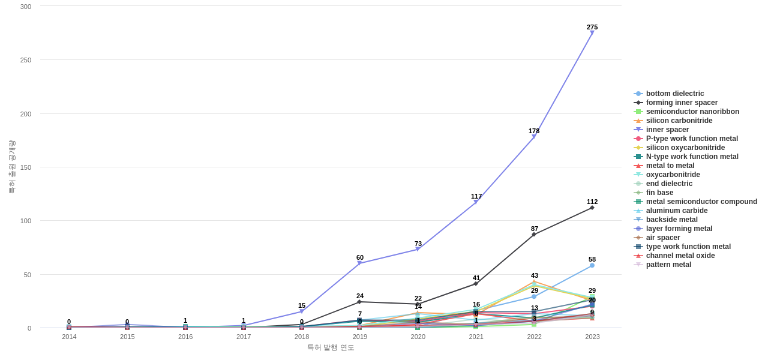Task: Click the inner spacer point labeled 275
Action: coord(592,33)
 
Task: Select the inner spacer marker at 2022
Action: coord(534,137)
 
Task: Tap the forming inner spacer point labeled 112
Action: coord(592,208)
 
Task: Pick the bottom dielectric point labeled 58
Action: coord(592,265)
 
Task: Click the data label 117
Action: coord(476,196)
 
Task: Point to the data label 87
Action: coord(535,229)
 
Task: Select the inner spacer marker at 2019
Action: coord(359,263)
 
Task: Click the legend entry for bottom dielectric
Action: coord(675,94)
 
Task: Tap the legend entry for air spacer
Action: coord(663,238)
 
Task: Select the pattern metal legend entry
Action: coord(668,265)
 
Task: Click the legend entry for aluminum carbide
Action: coord(677,211)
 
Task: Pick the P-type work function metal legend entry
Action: coord(692,139)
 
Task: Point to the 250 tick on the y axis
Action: coord(26,60)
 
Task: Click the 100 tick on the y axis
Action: coord(26,221)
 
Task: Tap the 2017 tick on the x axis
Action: coord(244,337)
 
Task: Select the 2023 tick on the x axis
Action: coord(592,337)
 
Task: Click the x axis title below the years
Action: coord(331,347)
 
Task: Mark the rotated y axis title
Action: coord(11,167)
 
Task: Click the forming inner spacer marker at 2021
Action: coord(476,284)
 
